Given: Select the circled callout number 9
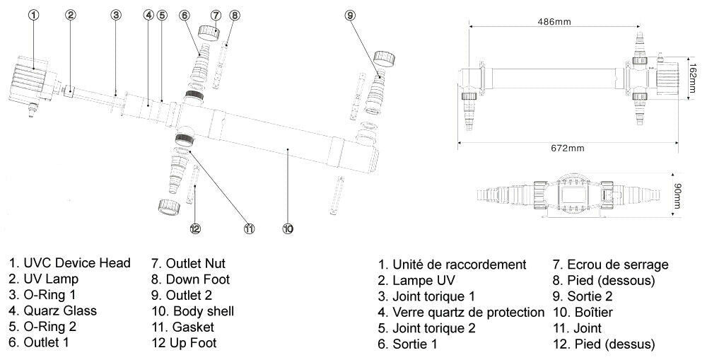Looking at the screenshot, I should (350, 15).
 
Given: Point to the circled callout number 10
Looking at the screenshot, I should (288, 228).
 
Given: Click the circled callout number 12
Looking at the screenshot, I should (195, 228).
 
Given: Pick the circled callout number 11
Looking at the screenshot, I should (249, 228).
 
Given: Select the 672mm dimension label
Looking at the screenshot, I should (567, 149).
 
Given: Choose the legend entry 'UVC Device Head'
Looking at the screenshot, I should (70, 263).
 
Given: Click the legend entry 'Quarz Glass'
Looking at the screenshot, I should (53, 310).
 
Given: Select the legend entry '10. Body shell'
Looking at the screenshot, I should (192, 310).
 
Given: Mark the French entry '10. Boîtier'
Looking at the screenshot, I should (588, 312).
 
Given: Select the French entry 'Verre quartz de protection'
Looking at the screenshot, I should (461, 312).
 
